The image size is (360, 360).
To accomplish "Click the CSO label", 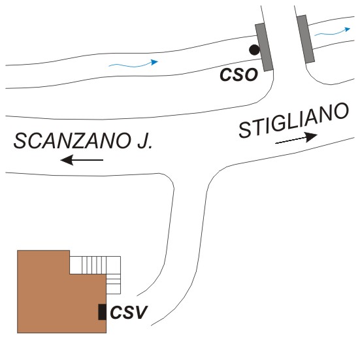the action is pyautogui.click(x=238, y=75).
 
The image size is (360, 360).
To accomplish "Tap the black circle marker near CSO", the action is pyautogui.click(x=254, y=50).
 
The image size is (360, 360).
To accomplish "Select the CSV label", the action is pyautogui.click(x=128, y=312).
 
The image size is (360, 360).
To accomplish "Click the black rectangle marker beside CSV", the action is pyautogui.click(x=102, y=312).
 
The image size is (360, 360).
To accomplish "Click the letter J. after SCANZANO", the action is pyautogui.click(x=144, y=141).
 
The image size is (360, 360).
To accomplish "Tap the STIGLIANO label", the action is pyautogui.click(x=293, y=120).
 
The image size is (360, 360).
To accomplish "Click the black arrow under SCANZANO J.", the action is pyautogui.click(x=82, y=160).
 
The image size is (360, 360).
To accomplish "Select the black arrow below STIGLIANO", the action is pyautogui.click(x=296, y=139).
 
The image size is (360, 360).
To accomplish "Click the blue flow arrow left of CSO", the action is pyautogui.click(x=133, y=64).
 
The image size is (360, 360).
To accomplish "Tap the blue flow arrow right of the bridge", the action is pyautogui.click(x=332, y=32).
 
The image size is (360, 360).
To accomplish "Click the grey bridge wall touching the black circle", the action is pyautogui.click(x=264, y=47).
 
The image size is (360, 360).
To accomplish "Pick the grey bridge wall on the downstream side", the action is pyautogui.click(x=306, y=39).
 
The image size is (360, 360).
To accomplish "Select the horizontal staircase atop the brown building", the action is pyautogui.click(x=95, y=265).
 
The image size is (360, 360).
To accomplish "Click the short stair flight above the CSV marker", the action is pyautogui.click(x=114, y=284).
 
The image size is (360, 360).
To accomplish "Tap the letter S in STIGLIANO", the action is pyautogui.click(x=245, y=129).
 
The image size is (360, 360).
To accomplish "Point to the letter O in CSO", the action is pyautogui.click(x=251, y=75).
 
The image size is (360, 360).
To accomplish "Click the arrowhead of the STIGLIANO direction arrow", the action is pyautogui.click(x=312, y=137).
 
